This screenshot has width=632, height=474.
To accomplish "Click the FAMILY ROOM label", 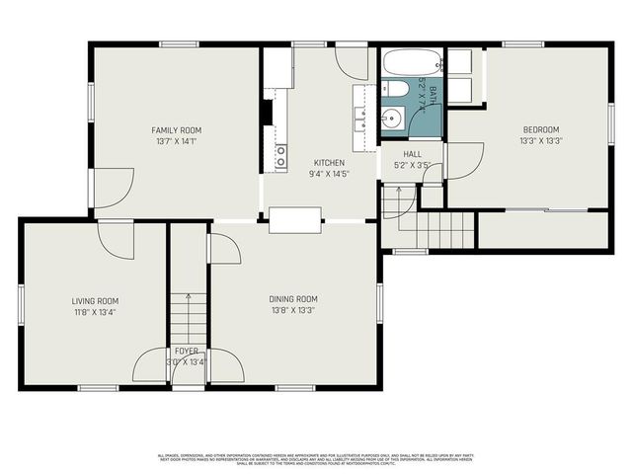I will tap(176, 130).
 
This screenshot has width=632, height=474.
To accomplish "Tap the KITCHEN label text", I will tap(329, 162).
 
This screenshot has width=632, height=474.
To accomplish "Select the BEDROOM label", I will tap(540, 129).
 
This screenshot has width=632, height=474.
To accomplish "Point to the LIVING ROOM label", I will tap(95, 301).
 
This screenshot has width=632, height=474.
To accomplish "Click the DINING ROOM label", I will tap(293, 298).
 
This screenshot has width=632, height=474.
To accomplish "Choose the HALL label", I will tap(413, 154).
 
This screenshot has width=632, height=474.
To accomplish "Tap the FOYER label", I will tap(187, 351).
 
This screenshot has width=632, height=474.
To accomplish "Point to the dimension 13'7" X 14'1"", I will tap(176, 142).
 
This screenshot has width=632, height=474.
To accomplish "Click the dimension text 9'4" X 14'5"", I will tap(329, 174).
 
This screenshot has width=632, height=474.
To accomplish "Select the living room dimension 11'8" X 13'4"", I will tap(95, 313).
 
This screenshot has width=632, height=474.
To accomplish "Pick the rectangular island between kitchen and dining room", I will tap(294, 219).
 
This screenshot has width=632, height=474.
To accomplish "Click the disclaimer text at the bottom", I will tap(316, 458).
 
